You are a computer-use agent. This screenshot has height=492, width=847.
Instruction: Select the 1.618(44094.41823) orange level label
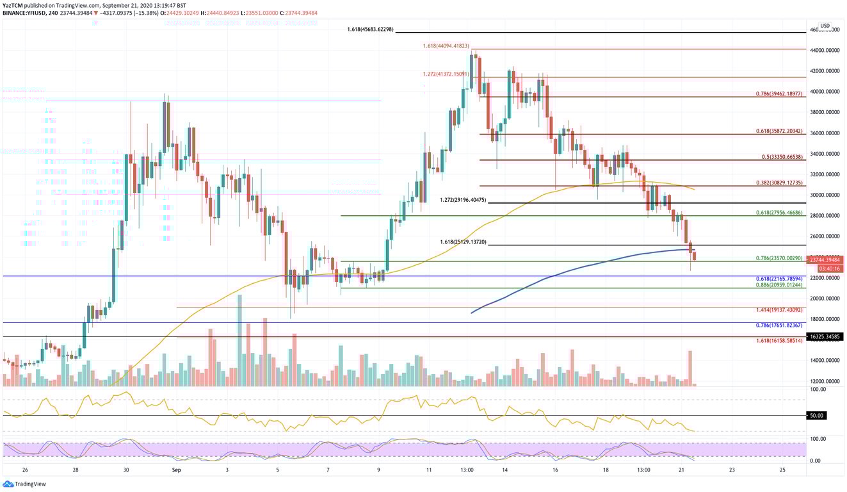[x=446, y=46]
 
